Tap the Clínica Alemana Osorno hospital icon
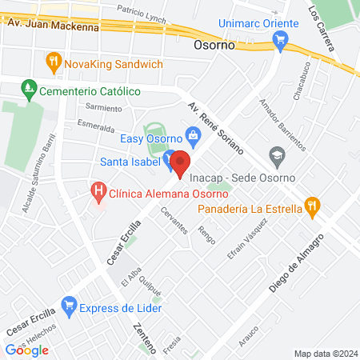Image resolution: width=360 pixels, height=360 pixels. pyautogui.click(x=98, y=191)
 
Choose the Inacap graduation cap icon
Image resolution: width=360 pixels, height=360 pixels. pyautogui.click(x=277, y=154)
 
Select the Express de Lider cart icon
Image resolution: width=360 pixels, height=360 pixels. pyautogui.click(x=70, y=305)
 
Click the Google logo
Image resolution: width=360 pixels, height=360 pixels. pyautogui.click(x=26, y=350)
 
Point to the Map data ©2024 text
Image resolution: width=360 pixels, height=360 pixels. pyautogui.click(x=325, y=354)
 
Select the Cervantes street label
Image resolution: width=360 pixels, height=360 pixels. pyautogui.click(x=174, y=218)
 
